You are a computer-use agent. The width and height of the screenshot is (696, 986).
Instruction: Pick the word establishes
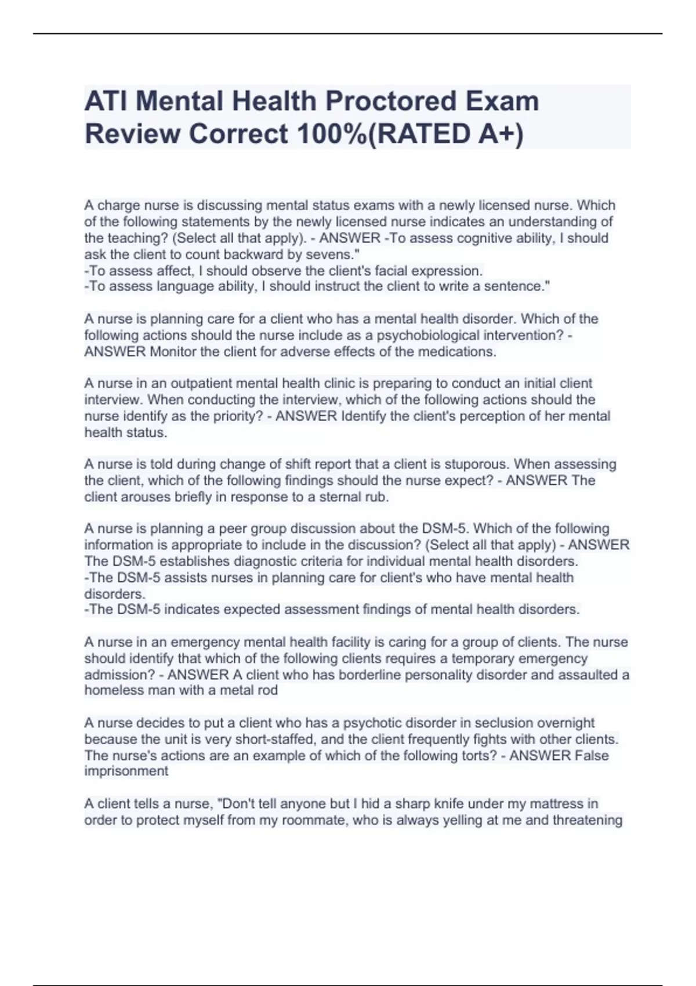193,561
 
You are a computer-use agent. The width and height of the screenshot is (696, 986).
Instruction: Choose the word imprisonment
126,771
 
